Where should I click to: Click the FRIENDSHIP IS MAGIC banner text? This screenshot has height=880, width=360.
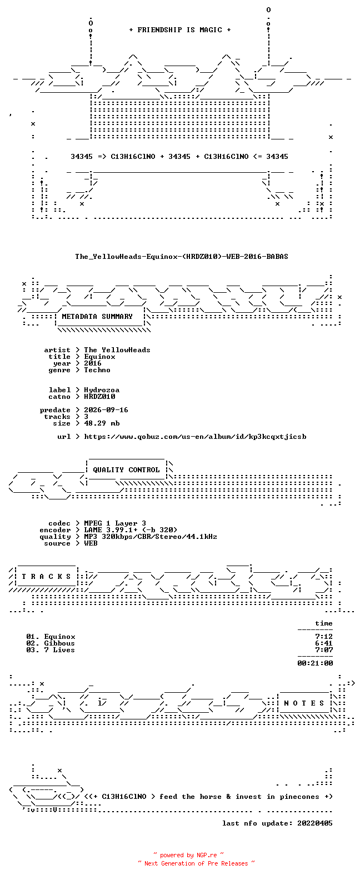(180, 30)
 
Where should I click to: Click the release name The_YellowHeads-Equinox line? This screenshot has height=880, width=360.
(182, 257)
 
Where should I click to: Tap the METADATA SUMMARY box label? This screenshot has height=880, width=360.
(97, 316)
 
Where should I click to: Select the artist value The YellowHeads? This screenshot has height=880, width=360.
(117, 350)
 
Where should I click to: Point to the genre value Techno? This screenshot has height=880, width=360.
(97, 370)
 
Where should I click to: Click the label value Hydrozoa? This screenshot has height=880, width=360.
(102, 390)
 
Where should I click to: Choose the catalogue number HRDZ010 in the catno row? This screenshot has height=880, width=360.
(99, 397)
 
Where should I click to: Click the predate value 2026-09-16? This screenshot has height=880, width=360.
(106, 410)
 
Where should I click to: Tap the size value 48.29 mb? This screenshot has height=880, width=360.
(102, 423)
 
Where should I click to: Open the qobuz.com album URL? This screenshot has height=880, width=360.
(196, 437)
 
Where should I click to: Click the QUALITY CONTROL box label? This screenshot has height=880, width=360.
(126, 470)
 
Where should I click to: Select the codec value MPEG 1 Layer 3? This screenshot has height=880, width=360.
(115, 523)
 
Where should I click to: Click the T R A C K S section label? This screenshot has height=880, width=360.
(46, 576)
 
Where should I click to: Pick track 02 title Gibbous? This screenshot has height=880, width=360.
(59, 643)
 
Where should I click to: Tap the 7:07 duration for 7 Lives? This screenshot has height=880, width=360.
(324, 650)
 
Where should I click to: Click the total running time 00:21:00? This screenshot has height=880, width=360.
(315, 663)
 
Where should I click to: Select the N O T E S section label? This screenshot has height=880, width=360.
(304, 703)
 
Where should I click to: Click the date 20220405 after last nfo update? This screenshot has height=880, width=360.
(315, 823)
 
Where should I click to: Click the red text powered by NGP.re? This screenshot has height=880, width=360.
(188, 855)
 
